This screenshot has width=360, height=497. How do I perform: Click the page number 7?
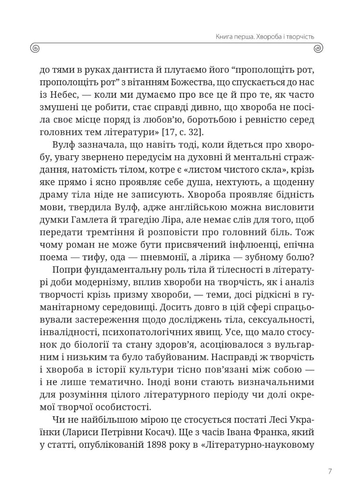pyautogui.click(x=329, y=471)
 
